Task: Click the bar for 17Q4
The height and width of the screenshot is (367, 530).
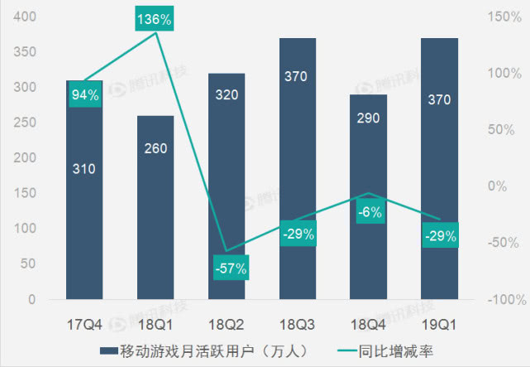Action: click(x=84, y=207)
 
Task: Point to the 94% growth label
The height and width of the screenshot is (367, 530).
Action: click(x=84, y=94)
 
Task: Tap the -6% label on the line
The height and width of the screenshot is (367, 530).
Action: click(x=369, y=212)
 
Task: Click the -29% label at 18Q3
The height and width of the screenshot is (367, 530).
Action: click(x=298, y=234)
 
